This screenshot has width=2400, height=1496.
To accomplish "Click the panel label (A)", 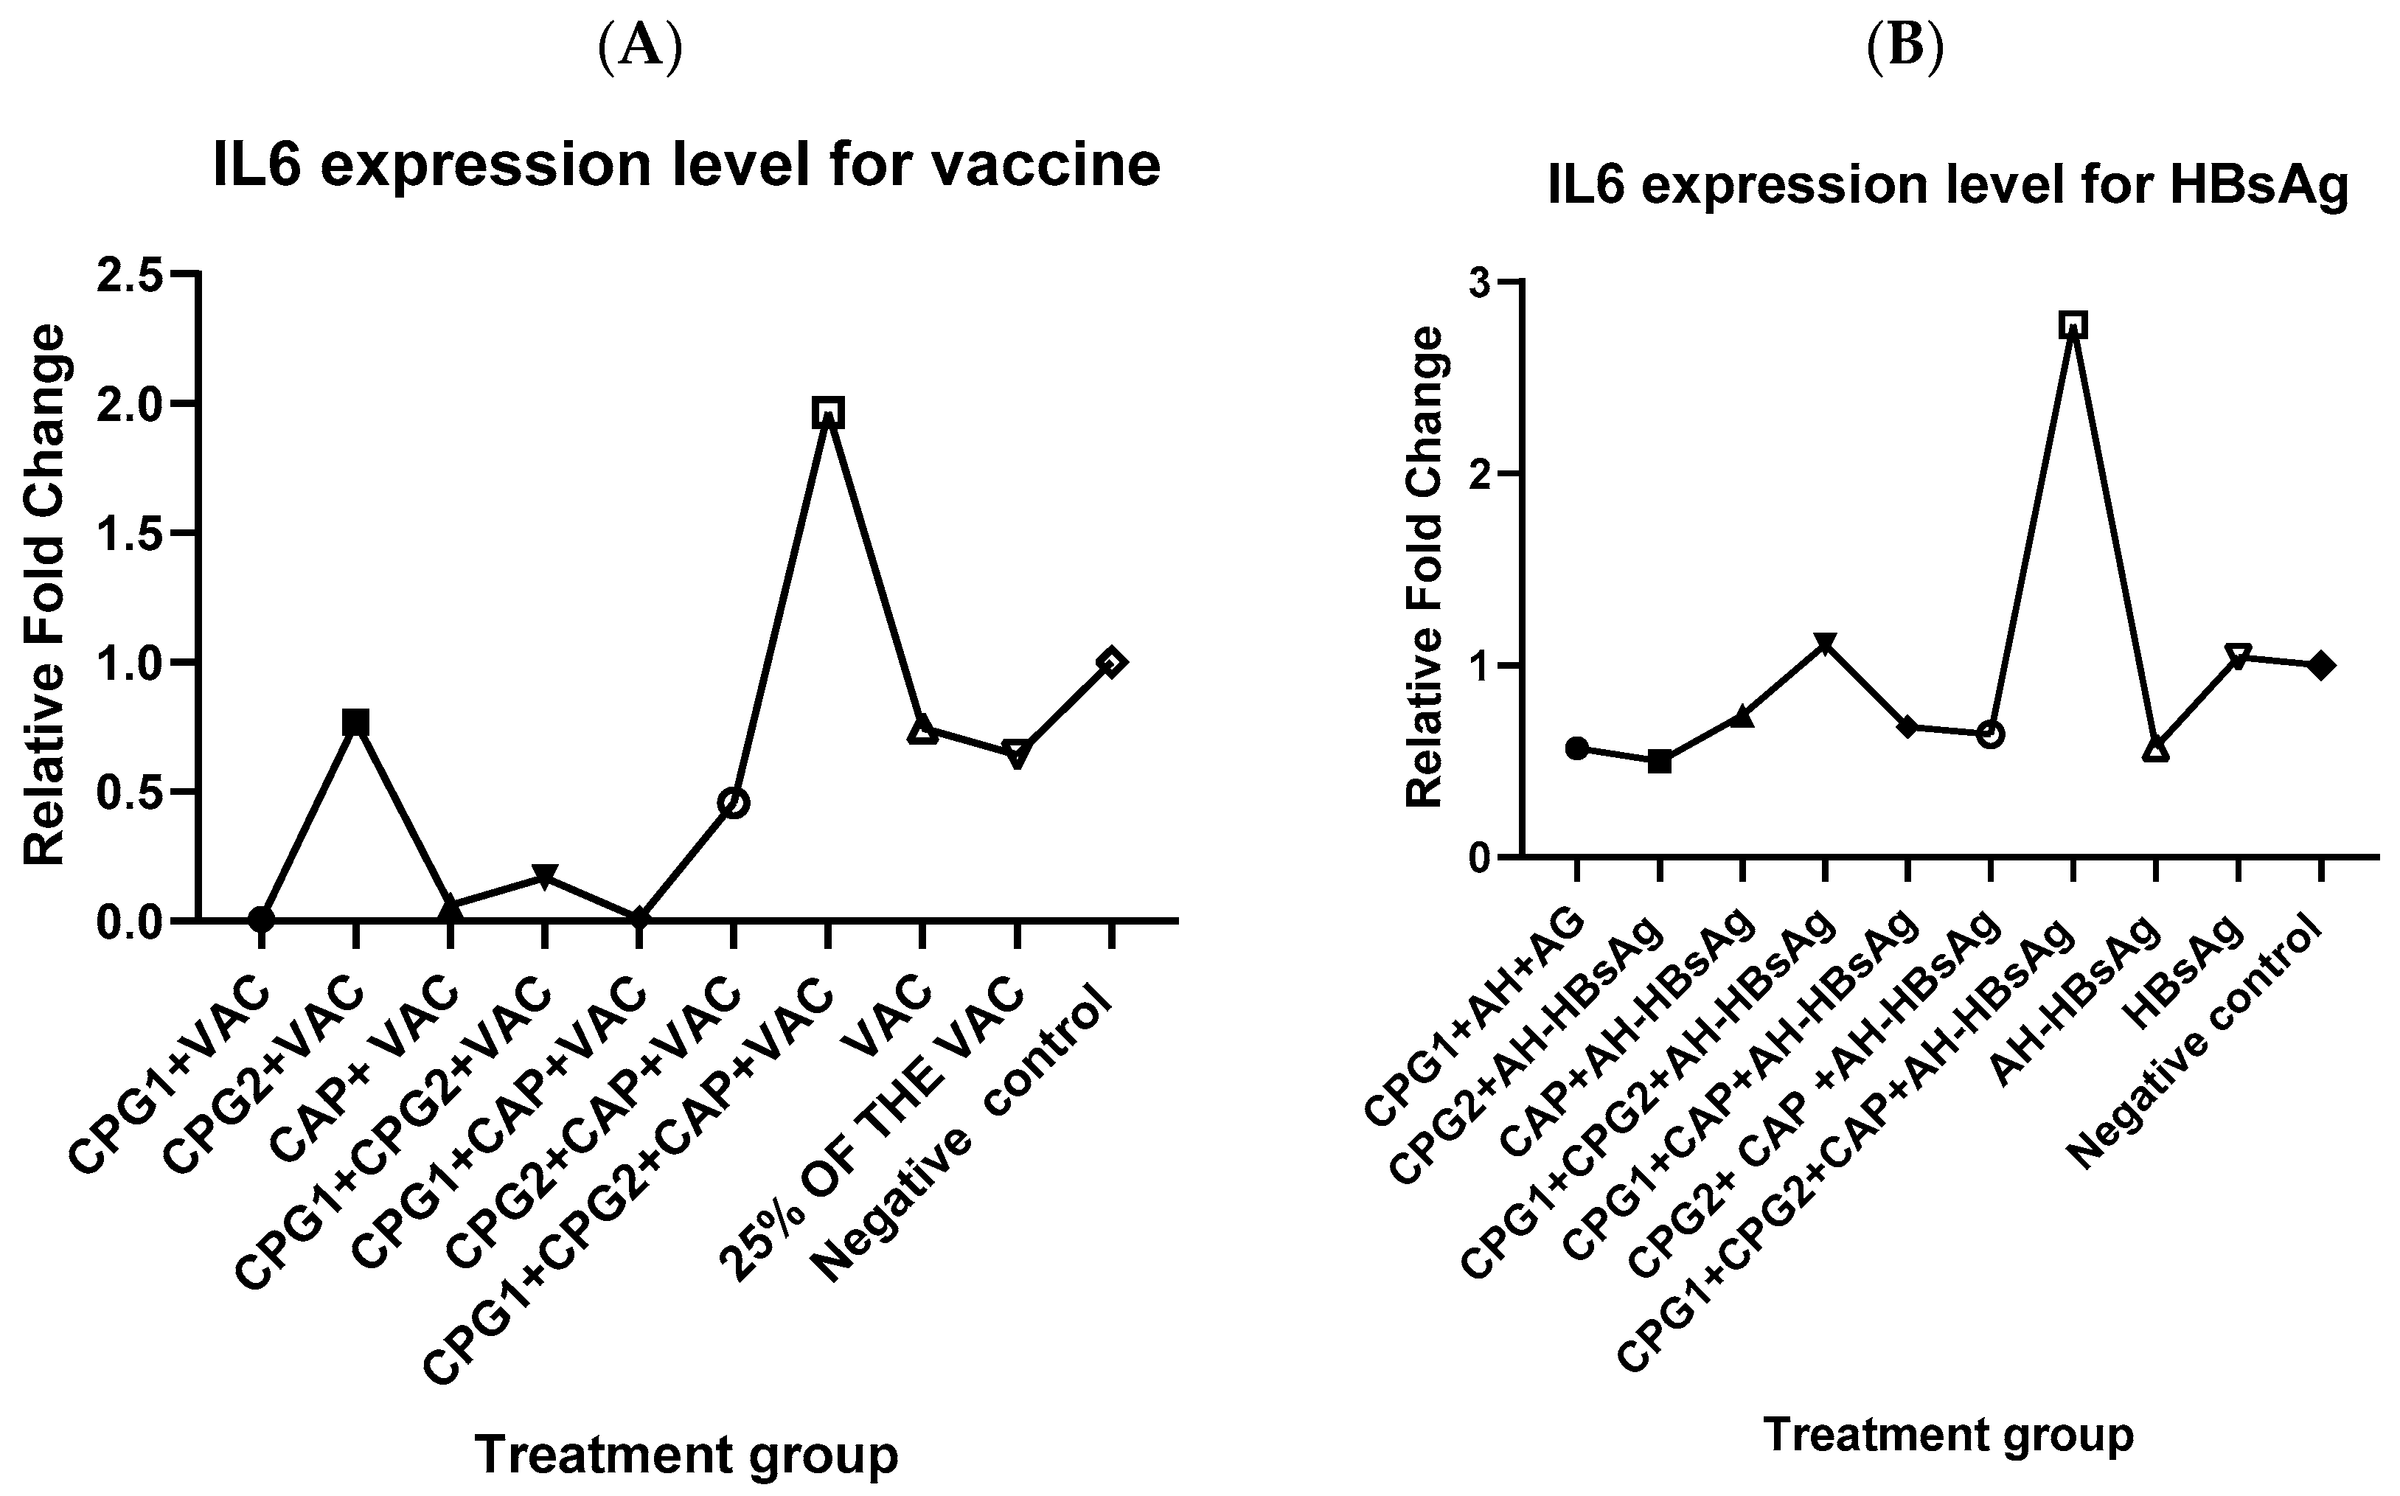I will tap(641, 49).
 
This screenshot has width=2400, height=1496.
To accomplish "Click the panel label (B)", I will tap(1905, 49).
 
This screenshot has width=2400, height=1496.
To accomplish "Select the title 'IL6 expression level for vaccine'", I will tap(686, 165).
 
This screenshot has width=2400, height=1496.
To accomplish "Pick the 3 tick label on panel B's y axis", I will tap(1481, 282).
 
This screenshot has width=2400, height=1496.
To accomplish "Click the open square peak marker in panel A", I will tap(828, 413).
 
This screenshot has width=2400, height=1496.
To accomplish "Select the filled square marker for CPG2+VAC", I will tap(356, 723).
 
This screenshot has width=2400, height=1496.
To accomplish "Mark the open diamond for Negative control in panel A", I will tap(1111, 662).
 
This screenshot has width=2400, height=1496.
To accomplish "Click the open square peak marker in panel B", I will tap(2073, 324).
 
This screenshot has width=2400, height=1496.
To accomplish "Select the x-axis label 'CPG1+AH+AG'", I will tap(1474, 1019).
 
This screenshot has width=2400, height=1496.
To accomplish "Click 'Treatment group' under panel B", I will tap(1948, 1436).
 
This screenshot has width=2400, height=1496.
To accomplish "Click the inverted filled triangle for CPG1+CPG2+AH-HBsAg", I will tap(1826, 645).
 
